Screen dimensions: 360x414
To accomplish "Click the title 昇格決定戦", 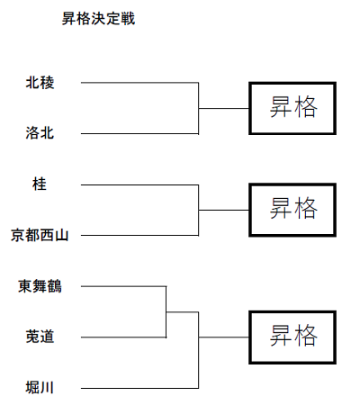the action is tap(98, 19).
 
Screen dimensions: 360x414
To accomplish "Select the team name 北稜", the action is tap(40, 83).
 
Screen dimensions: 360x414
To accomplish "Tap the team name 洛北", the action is tap(40, 133).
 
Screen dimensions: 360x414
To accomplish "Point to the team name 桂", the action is tap(40, 184).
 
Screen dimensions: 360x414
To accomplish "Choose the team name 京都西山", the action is tap(40, 235).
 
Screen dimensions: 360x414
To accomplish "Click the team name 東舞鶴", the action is tap(40, 286).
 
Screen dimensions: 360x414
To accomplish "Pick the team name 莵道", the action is tap(40, 337).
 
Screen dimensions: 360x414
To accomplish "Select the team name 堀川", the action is tap(40, 388).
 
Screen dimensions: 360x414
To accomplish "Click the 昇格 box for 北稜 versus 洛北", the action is tap(292, 108).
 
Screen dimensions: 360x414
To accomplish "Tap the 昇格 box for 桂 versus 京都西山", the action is tap(292, 210).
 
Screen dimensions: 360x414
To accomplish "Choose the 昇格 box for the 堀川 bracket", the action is tap(292, 337).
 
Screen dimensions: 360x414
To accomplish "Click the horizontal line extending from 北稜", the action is tap(139, 83).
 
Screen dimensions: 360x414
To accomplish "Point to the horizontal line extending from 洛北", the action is tap(139, 134).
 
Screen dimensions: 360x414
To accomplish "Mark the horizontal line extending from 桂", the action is tap(139, 184).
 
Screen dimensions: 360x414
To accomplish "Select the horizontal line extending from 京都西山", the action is tap(139, 236).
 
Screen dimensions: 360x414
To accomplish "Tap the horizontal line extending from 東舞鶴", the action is tap(123, 286).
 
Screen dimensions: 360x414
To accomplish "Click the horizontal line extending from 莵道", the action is tap(123, 337).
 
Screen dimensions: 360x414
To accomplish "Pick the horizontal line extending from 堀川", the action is tap(139, 389).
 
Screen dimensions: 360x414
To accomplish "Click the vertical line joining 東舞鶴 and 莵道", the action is tap(166, 312).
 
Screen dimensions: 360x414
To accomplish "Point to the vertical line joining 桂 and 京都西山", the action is tap(198, 210).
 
